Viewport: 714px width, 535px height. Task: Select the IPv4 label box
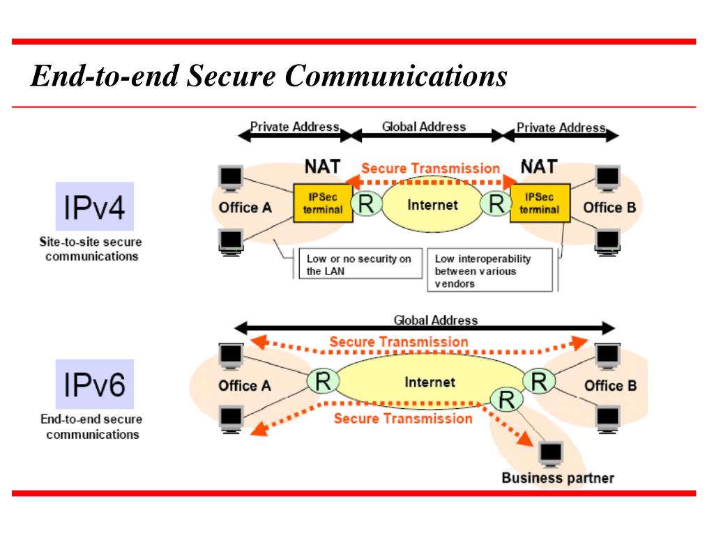(94, 206)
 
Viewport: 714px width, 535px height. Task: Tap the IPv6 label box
(94, 384)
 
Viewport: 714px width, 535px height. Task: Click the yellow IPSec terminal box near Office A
(322, 203)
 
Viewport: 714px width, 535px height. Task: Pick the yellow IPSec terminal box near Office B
(540, 203)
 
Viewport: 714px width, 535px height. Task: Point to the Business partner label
(558, 478)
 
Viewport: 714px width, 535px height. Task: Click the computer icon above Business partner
(552, 454)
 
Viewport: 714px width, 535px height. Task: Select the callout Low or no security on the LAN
(358, 265)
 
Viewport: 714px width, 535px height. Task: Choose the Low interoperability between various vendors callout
(487, 270)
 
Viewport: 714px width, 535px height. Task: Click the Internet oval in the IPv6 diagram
(430, 382)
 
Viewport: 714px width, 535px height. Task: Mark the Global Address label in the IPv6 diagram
(436, 320)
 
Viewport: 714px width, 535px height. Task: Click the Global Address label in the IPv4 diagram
(424, 127)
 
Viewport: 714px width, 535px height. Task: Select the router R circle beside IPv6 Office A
(322, 382)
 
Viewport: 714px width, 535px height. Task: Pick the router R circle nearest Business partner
(507, 400)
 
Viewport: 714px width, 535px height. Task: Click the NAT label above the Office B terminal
(539, 166)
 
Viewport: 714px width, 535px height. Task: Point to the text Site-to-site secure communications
(89, 249)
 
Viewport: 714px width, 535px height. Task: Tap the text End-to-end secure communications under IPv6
(91, 427)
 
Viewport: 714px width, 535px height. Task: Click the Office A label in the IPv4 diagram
(245, 207)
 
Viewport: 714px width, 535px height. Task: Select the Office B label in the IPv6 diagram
(610, 385)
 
